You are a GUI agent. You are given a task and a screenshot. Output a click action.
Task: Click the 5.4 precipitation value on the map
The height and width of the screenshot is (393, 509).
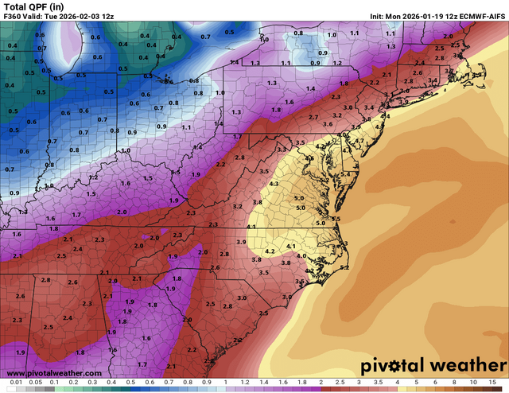[345, 173]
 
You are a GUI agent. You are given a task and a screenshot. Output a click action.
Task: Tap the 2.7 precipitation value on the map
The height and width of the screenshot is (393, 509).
[313, 117]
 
